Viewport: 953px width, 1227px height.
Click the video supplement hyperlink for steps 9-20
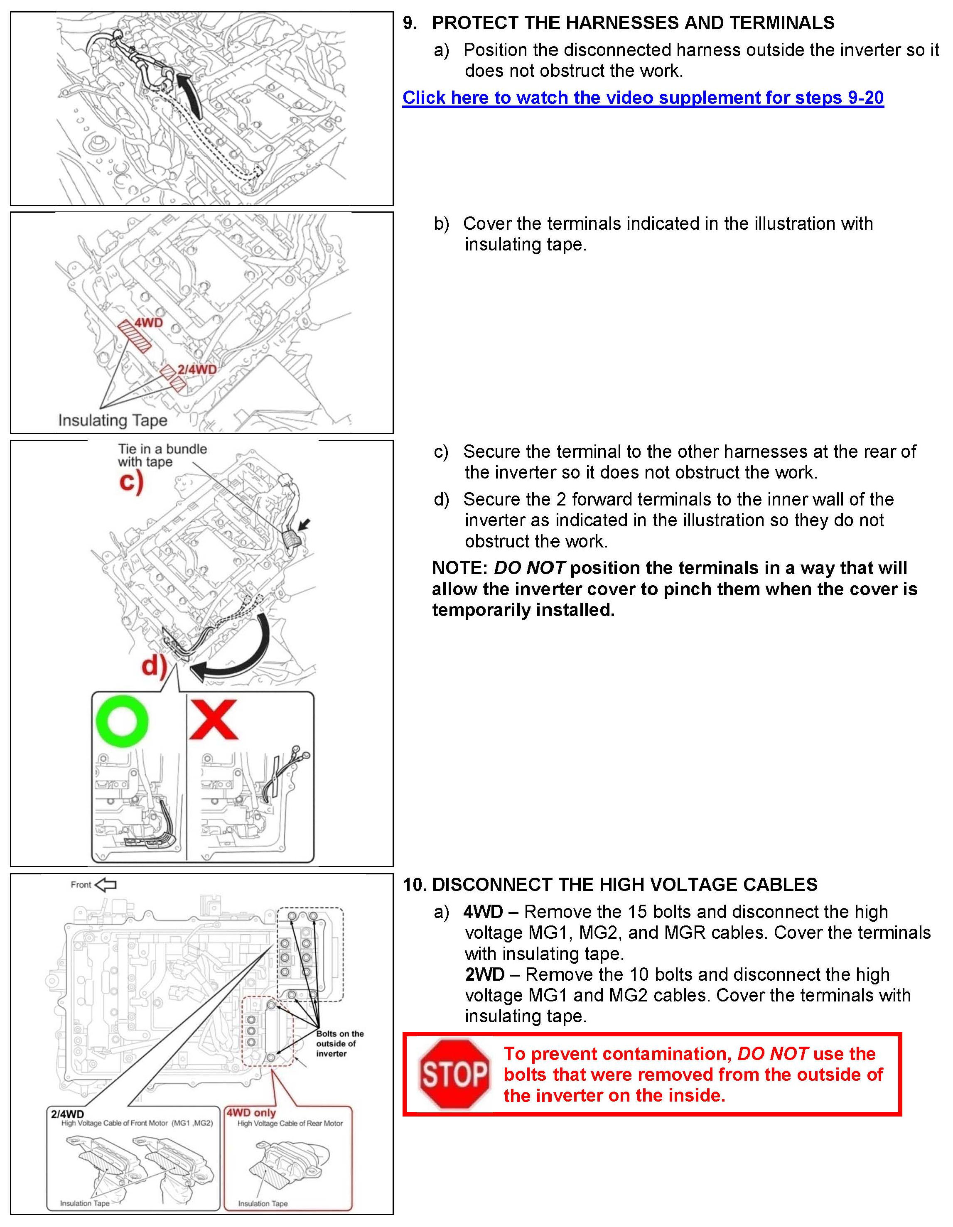click(643, 98)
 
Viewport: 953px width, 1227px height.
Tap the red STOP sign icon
click(454, 1074)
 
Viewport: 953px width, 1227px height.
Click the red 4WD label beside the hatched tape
click(148, 323)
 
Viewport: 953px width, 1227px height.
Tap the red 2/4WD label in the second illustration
click(196, 370)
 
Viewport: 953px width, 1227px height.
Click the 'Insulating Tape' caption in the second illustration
click(113, 420)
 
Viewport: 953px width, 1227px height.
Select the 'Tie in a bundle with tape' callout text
click(162, 456)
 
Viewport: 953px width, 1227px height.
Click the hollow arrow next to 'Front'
click(105, 885)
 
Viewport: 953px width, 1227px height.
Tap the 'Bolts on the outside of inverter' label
click(339, 1043)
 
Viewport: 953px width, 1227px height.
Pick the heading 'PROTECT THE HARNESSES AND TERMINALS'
click(633, 23)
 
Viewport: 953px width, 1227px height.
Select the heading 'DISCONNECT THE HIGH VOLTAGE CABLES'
click(624, 885)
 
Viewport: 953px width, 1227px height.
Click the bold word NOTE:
click(459, 568)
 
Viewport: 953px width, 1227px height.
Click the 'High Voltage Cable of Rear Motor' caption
click(290, 1123)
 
